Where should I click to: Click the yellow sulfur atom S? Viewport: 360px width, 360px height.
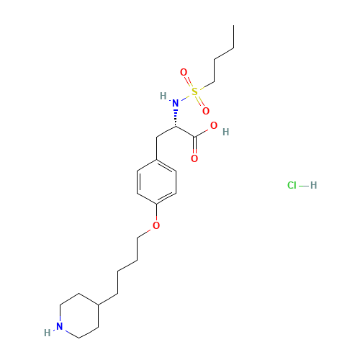click(194, 91)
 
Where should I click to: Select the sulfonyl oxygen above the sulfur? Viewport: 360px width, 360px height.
click(184, 72)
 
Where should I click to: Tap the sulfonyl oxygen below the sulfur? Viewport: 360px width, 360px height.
click(206, 111)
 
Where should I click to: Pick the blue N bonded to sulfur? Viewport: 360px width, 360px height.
click(176, 103)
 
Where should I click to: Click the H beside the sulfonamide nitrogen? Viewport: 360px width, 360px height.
click(163, 96)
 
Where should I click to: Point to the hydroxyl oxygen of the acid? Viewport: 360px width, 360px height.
click(214, 125)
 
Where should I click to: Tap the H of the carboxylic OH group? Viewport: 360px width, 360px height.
click(225, 132)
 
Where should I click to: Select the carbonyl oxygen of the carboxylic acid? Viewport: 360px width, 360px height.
click(194, 158)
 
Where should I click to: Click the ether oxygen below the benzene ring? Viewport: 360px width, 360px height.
click(156, 225)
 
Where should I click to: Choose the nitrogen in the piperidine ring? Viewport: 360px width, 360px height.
click(60, 326)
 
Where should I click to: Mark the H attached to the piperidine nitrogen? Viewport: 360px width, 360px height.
click(48, 333)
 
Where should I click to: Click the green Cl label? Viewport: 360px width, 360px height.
click(292, 185)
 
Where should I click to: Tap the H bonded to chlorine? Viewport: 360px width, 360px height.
click(313, 185)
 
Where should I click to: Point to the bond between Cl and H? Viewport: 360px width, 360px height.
click(304, 186)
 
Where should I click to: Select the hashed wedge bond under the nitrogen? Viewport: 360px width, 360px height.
click(176, 118)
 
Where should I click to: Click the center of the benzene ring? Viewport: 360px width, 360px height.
click(156, 182)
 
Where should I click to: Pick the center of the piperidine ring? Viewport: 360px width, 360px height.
click(79, 315)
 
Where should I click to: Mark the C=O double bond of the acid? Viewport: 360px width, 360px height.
click(194, 145)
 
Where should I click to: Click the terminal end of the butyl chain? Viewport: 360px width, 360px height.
click(234, 25)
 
